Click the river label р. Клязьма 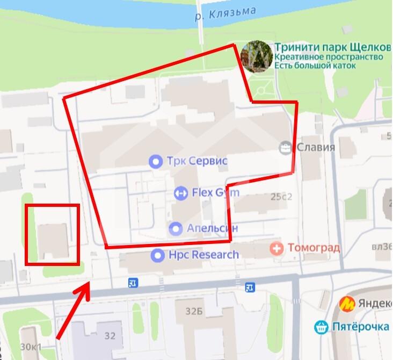(x=225, y=13)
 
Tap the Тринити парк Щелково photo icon (x=256, y=56)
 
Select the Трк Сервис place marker (x=156, y=161)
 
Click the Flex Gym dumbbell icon (x=181, y=192)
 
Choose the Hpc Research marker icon (x=157, y=255)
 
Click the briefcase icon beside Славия (x=285, y=147)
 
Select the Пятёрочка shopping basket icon (x=321, y=326)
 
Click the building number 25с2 (x=281, y=197)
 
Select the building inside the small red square (x=52, y=240)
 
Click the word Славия (x=316, y=147)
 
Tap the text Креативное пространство (x=329, y=56)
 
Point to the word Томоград (x=314, y=248)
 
